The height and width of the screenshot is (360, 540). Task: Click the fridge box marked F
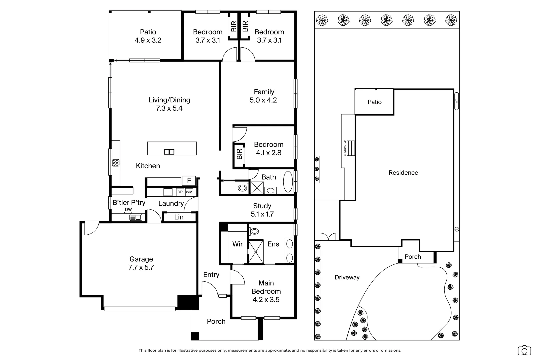tap(189, 181)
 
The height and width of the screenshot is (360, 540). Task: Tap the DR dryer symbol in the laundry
tap(180, 192)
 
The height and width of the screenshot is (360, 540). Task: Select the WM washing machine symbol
tap(189, 192)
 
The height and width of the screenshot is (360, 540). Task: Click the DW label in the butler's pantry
tap(128, 210)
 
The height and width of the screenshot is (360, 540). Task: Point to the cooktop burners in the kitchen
tap(116, 163)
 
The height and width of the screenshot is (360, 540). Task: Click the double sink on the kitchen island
tap(169, 152)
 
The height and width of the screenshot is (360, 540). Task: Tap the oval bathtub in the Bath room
tap(288, 182)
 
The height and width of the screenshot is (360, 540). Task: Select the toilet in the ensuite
tap(255, 231)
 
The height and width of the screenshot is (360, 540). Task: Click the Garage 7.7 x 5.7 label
tap(141, 263)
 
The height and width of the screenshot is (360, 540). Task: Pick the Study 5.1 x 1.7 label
tap(262, 210)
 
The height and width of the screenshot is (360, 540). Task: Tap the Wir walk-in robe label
tap(237, 244)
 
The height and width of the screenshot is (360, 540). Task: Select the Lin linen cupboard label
tap(179, 217)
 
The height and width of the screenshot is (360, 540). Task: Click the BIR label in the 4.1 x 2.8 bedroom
tap(239, 154)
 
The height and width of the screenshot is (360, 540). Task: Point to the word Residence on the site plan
tap(403, 173)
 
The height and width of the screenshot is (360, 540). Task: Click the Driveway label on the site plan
tap(347, 277)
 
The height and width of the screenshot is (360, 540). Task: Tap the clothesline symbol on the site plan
tap(350, 148)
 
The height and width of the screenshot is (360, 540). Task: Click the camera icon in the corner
tap(524, 350)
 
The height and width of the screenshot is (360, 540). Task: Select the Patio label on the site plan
tap(374, 102)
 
